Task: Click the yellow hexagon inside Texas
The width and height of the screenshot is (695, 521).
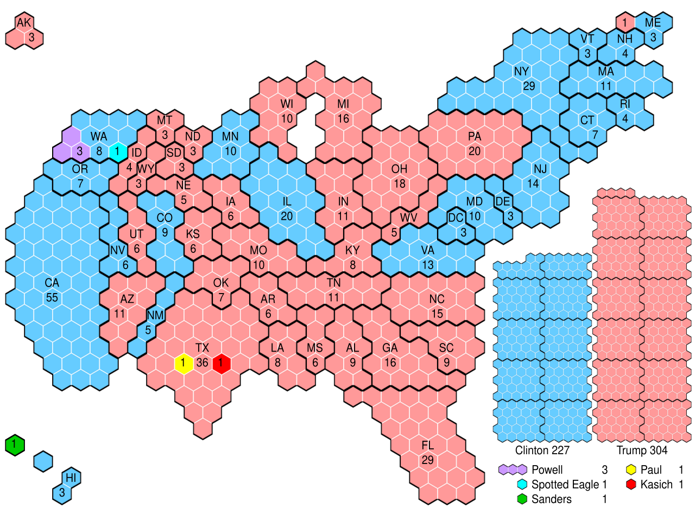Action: (x=184, y=363)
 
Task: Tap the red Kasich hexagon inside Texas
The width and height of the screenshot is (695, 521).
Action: (x=221, y=363)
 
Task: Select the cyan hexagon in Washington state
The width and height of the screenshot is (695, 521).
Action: (x=118, y=152)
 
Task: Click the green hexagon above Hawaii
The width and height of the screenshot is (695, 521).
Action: (x=15, y=445)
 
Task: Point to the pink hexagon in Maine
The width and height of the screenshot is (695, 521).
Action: (x=625, y=22)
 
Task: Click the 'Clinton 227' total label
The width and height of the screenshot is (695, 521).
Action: (x=542, y=450)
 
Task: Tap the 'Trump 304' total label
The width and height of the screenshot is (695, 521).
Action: (x=642, y=450)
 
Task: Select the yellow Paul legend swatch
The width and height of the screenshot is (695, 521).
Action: (x=631, y=469)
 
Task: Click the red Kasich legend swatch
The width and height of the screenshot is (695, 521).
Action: (x=631, y=484)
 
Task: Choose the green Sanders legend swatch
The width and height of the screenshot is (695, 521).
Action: (x=522, y=499)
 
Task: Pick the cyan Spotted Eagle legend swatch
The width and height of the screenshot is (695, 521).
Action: (x=522, y=484)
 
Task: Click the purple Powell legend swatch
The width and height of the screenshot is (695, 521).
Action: (x=513, y=469)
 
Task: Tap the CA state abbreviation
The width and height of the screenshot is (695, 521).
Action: (x=52, y=283)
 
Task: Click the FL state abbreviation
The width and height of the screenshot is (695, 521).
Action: (x=428, y=446)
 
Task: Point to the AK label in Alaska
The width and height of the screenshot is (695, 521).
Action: (x=24, y=23)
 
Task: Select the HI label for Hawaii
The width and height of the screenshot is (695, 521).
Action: (x=71, y=478)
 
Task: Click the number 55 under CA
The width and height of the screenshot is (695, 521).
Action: (x=52, y=297)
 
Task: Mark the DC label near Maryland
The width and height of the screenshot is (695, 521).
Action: (x=456, y=218)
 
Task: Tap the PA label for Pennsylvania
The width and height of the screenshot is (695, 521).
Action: (x=475, y=136)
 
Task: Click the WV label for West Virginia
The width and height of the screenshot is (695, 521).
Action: (x=408, y=218)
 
